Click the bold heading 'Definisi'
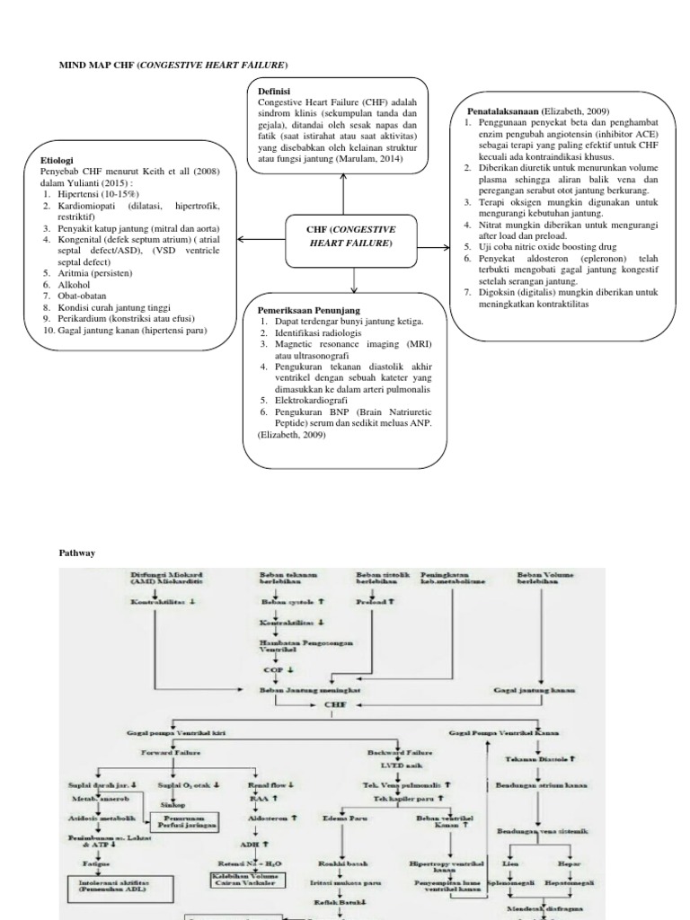coord(275,91)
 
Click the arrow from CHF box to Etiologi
coord(260,241)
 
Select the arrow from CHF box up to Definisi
coord(343,193)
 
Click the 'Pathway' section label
coord(77,553)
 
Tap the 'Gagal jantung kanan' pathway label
coord(534,690)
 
